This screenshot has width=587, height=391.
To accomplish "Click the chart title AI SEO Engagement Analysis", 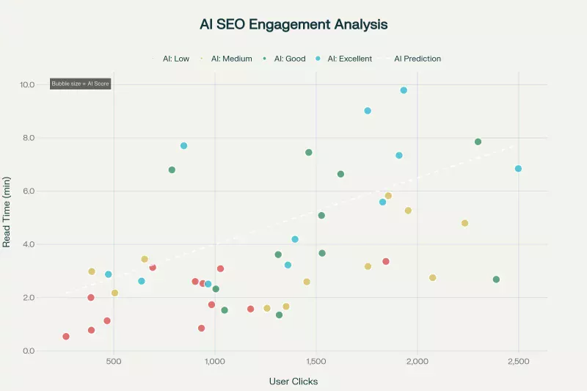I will [293, 24].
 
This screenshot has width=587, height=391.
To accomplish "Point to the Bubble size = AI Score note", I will [80, 84].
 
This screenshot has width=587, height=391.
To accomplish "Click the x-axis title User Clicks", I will [293, 381].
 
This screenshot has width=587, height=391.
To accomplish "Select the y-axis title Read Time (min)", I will [7, 211].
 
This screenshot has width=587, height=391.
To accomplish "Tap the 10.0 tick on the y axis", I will [27, 84].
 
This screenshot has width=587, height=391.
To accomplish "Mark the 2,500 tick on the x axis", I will [519, 362].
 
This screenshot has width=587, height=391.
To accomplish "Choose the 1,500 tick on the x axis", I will [316, 362].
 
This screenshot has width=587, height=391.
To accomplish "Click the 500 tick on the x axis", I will [114, 362].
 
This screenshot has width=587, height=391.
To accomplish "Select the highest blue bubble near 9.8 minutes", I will [404, 90].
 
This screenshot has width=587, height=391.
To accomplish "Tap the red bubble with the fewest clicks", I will [66, 337].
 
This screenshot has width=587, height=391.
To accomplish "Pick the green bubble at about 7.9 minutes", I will [478, 142].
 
